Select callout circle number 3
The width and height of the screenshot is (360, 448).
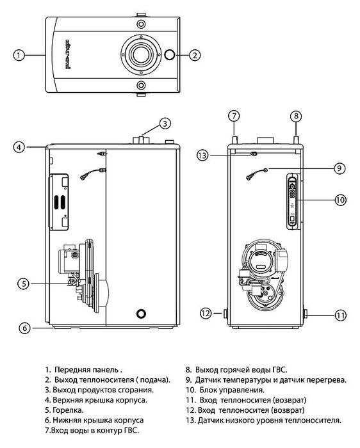tap(165, 123)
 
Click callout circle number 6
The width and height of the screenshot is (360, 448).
tap(24, 328)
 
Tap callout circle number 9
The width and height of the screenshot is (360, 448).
tap(340, 169)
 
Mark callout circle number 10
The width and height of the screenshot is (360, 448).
tap(340, 200)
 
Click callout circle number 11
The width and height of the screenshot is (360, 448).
tap(340, 314)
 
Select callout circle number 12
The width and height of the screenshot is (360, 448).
tap(206, 314)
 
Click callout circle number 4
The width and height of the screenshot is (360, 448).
tap(20, 147)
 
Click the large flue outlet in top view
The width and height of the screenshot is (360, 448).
tap(139, 56)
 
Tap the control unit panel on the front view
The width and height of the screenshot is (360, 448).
tap(291, 200)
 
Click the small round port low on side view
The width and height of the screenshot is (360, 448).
tap(140, 314)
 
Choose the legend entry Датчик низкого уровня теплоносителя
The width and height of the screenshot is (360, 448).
tap(263, 420)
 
